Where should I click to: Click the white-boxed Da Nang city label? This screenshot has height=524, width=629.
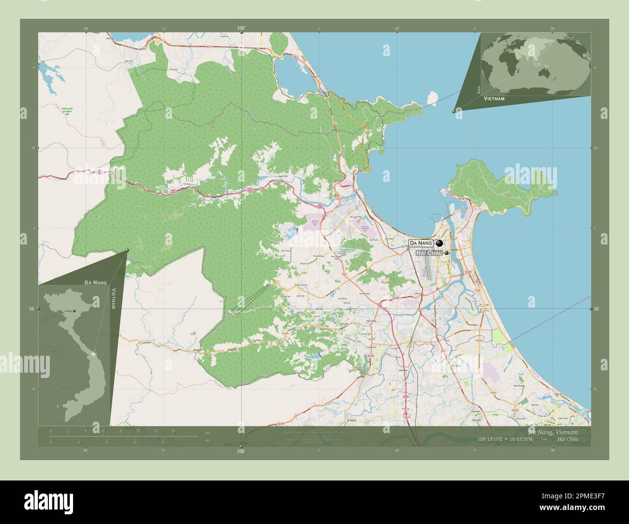(421, 243)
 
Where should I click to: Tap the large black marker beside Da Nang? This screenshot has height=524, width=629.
(439, 243)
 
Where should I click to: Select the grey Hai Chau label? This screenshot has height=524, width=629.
(428, 253)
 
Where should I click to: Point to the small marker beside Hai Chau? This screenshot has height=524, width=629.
(447, 253)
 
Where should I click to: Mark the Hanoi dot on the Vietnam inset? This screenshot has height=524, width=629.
(74, 311)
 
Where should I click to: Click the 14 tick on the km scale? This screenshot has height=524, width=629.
(173, 430)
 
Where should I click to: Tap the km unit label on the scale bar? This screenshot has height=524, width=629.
(208, 432)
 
